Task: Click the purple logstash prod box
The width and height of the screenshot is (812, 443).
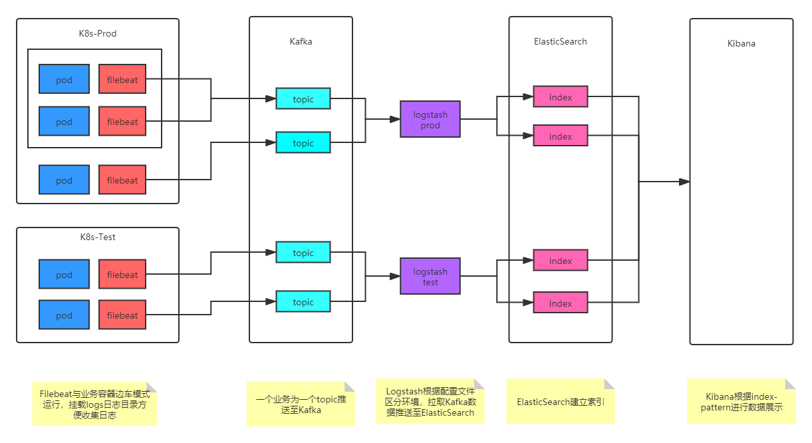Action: (x=430, y=120)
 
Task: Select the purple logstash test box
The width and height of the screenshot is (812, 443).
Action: (x=430, y=277)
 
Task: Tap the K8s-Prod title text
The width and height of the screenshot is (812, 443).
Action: (x=98, y=33)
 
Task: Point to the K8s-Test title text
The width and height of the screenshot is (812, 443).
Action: (x=98, y=237)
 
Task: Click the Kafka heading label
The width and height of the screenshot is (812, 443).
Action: (x=301, y=41)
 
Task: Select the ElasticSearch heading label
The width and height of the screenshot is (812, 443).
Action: (x=561, y=41)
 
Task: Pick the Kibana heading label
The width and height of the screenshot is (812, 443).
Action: (x=742, y=43)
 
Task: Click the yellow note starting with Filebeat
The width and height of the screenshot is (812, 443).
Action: (x=94, y=404)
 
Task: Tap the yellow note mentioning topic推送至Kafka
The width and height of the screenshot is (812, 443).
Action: (x=301, y=404)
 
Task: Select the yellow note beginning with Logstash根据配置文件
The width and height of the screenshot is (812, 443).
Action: (x=430, y=402)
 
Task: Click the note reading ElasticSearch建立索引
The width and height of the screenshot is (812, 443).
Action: (x=561, y=402)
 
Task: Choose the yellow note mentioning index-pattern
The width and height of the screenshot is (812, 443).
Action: (x=742, y=402)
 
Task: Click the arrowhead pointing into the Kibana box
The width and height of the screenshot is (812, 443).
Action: (x=684, y=182)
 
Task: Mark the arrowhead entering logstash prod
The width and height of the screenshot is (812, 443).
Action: (x=395, y=120)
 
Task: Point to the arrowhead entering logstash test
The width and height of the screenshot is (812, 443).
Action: (x=395, y=277)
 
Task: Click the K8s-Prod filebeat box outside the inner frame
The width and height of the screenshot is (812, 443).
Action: (x=122, y=180)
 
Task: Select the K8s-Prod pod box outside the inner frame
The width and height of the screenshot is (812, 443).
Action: (x=64, y=180)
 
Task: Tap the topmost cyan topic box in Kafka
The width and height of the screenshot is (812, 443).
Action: (x=303, y=99)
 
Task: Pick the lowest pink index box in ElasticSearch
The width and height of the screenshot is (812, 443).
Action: (x=561, y=303)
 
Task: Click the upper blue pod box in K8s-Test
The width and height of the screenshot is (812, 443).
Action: (x=64, y=275)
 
